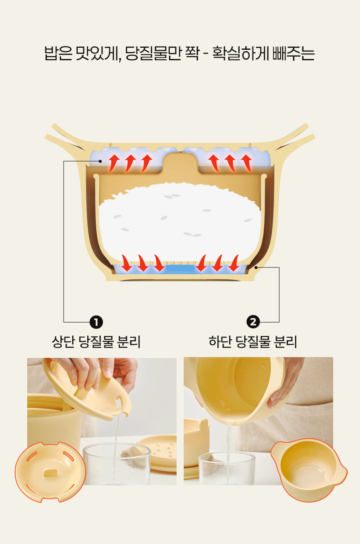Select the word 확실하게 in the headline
pos(240,53)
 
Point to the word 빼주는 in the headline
pos(294,53)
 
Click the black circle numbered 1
pos(96,322)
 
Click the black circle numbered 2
pos(253,322)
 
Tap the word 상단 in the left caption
pos(63,341)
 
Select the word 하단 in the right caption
pos(220,341)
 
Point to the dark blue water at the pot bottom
pos(180,269)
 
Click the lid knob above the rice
pos(180,163)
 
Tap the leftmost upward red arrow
pos(114,163)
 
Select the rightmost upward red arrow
pos(247,163)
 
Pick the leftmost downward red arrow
pos(126,263)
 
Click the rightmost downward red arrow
pos(234,263)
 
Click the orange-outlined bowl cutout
pos(309,470)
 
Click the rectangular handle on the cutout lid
pos(50,472)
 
